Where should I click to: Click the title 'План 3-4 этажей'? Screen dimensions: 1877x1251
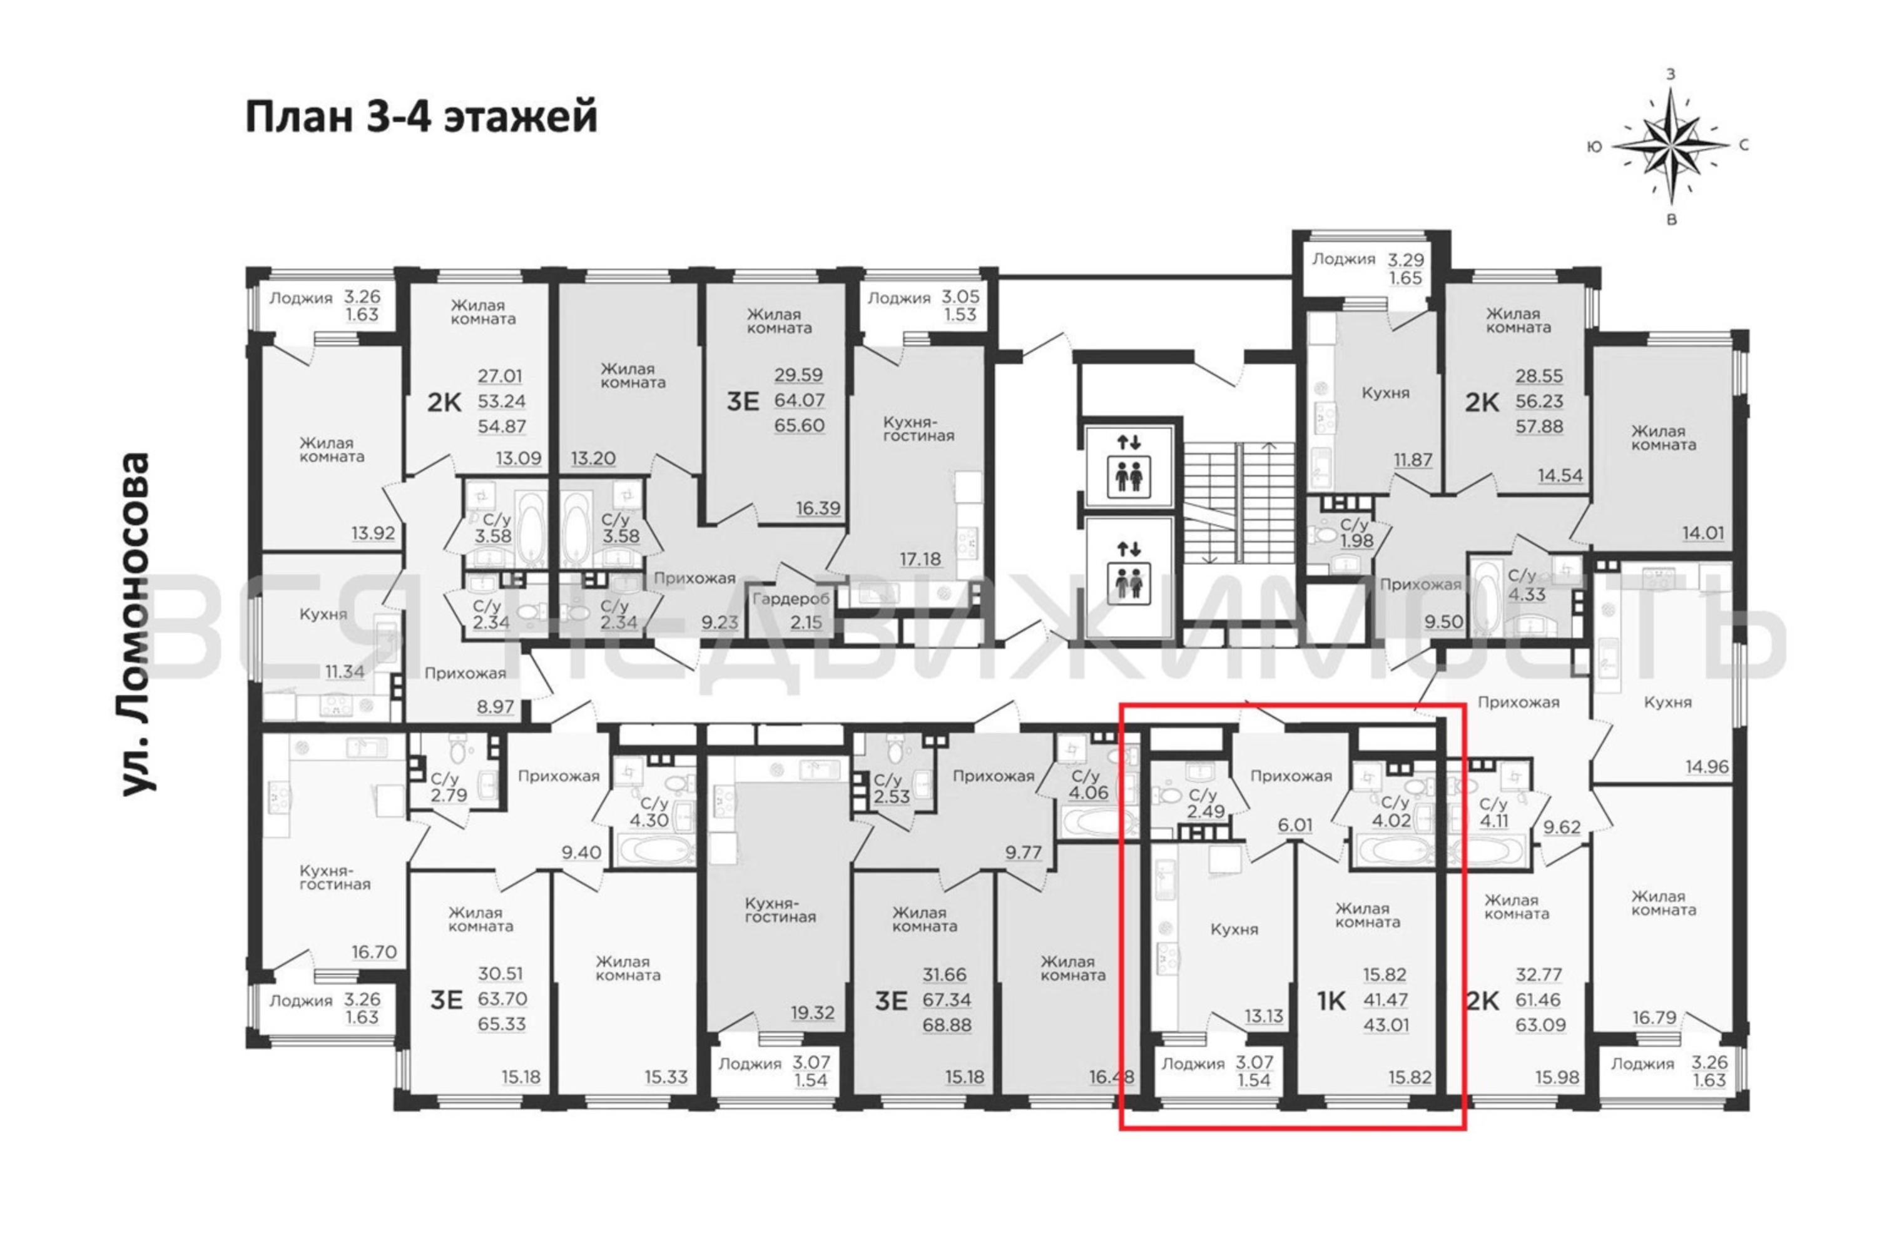[x=420, y=118]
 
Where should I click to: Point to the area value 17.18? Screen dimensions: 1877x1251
[x=920, y=559]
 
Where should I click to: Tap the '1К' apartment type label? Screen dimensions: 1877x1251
[x=1331, y=1000]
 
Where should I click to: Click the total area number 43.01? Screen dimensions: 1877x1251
[x=1386, y=1025]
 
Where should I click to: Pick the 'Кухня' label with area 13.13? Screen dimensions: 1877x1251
[x=1234, y=929]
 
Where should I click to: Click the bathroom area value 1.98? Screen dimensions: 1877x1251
[x=1356, y=541]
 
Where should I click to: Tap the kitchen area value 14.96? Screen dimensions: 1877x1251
[x=1707, y=767]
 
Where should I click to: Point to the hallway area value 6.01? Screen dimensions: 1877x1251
[x=1295, y=825]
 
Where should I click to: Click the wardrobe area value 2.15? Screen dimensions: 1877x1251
[x=806, y=622]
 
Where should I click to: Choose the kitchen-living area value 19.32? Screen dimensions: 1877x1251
[x=812, y=1013]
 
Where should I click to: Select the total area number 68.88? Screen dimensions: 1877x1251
[x=947, y=1025]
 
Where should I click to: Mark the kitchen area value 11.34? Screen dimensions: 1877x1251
[x=344, y=671]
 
